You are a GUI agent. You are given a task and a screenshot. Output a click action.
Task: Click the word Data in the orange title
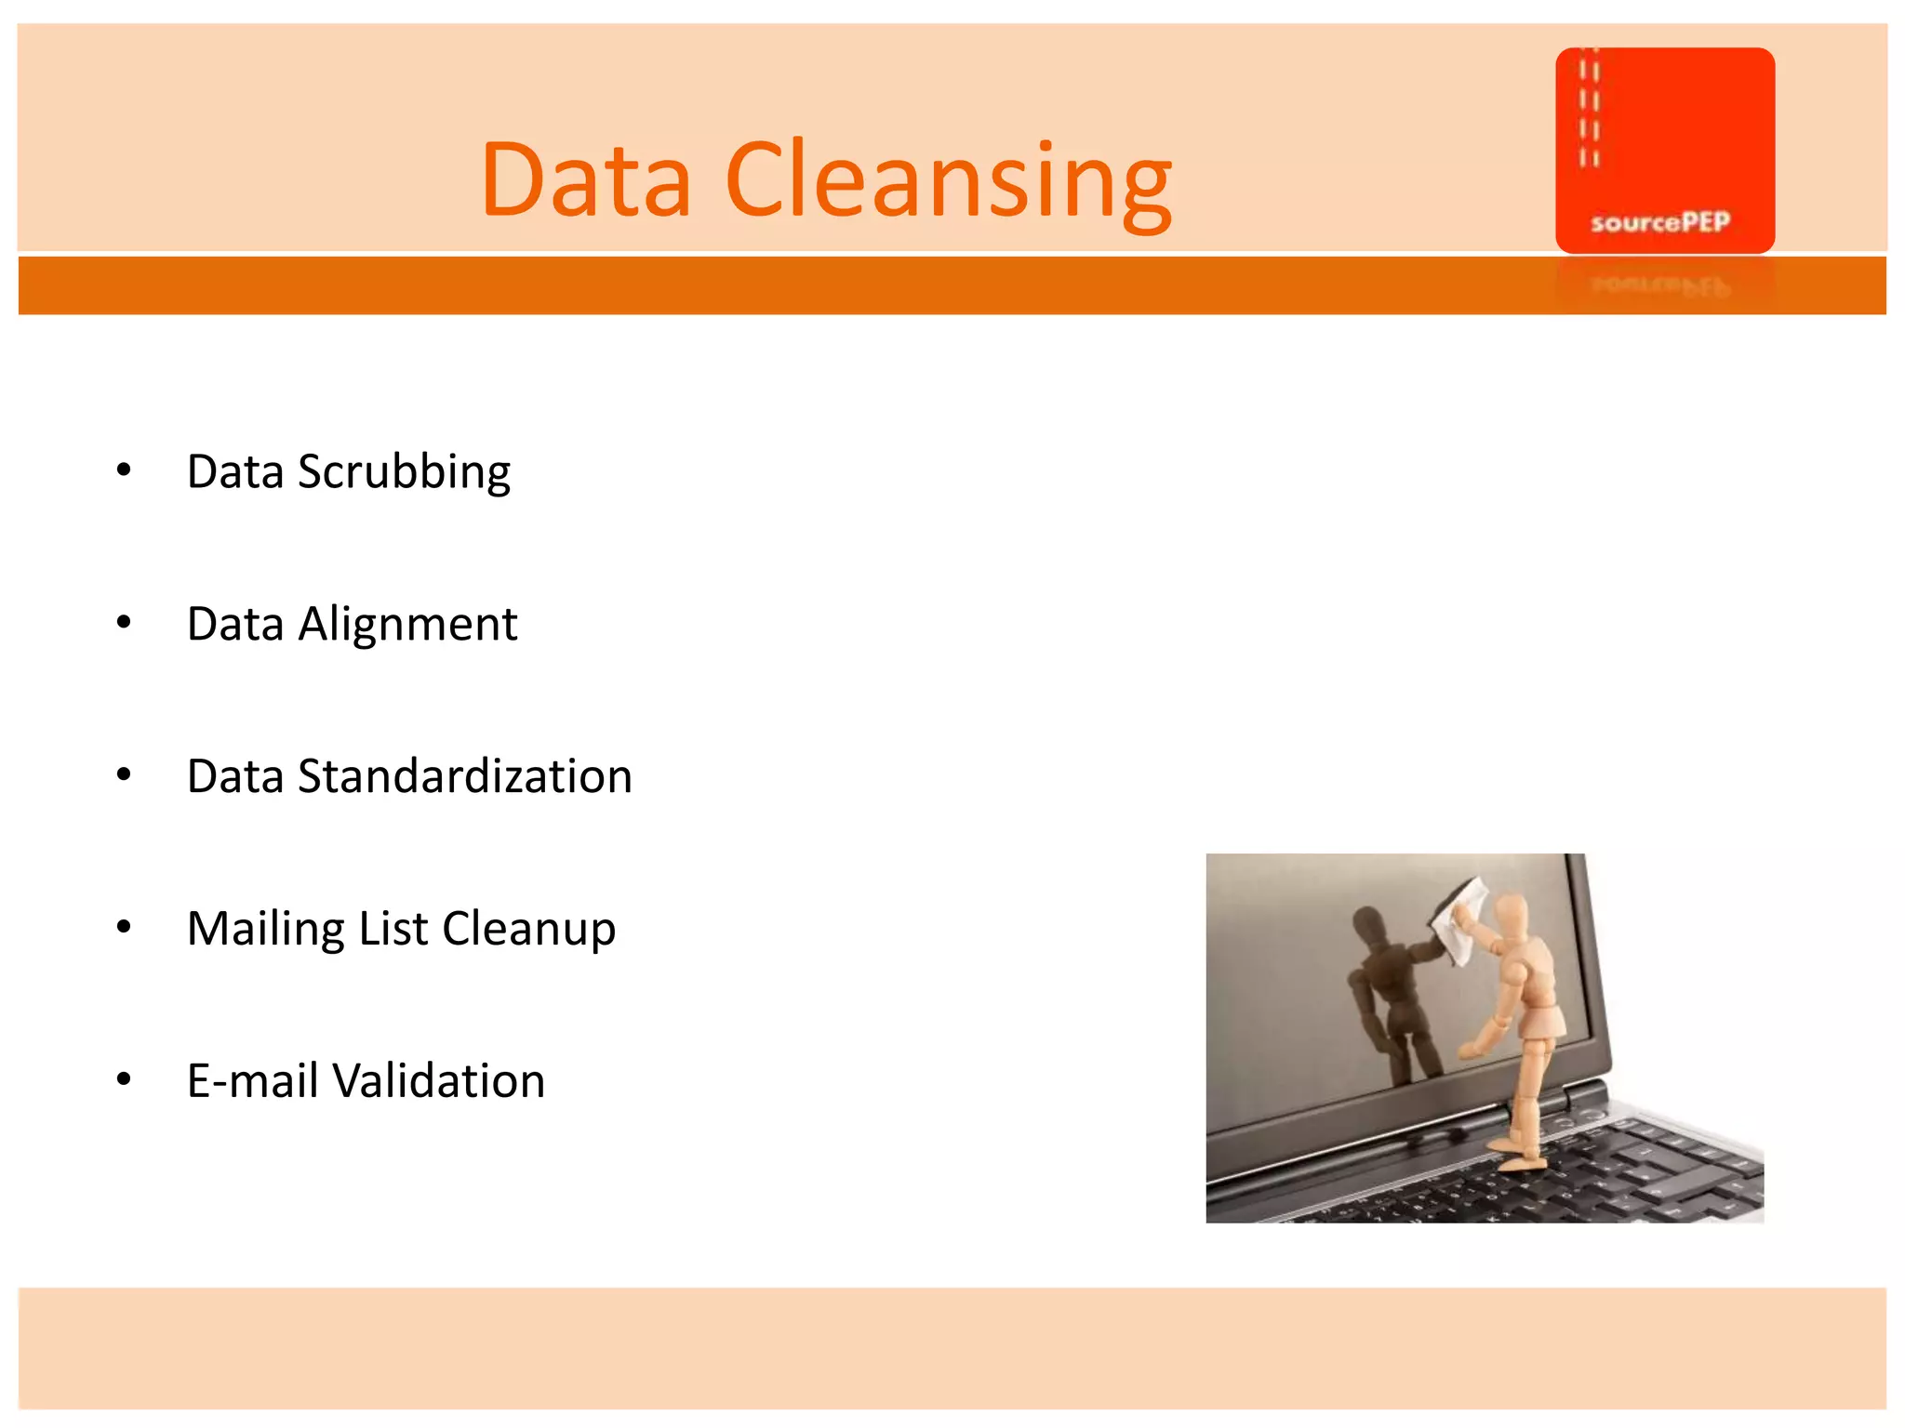pos(586,181)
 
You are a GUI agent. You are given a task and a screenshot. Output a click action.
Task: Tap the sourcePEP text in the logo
pos(1659,222)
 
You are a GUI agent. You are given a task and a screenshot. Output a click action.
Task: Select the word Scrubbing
pos(404,472)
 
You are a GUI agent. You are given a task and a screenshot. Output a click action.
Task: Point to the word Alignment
pos(407,624)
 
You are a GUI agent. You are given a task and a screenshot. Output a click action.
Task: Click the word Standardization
pos(464,776)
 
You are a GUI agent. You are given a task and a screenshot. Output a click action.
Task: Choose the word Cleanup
pos(528,929)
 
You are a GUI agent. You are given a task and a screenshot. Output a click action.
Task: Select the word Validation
pos(438,1081)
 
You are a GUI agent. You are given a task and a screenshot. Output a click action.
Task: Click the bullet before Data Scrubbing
pos(124,470)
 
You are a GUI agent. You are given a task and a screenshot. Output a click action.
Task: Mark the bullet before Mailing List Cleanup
pos(124,927)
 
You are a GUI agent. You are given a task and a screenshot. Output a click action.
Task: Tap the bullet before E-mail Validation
pos(124,1079)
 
